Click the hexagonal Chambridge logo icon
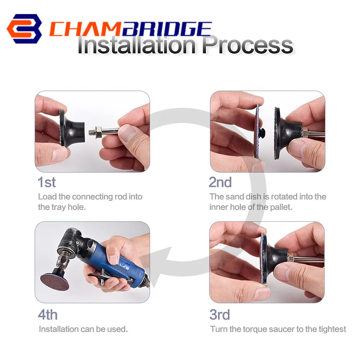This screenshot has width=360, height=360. pos(24,29)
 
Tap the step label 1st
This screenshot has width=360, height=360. pos(47,182)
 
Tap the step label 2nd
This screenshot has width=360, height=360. pos(220,182)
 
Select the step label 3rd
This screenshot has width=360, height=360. pos(220,315)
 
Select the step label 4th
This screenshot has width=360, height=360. pos(48,315)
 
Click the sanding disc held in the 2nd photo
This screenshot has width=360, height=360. pos(257,131)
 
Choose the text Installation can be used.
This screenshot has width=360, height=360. pos(83,329)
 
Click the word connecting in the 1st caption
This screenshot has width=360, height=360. pos(92,197)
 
